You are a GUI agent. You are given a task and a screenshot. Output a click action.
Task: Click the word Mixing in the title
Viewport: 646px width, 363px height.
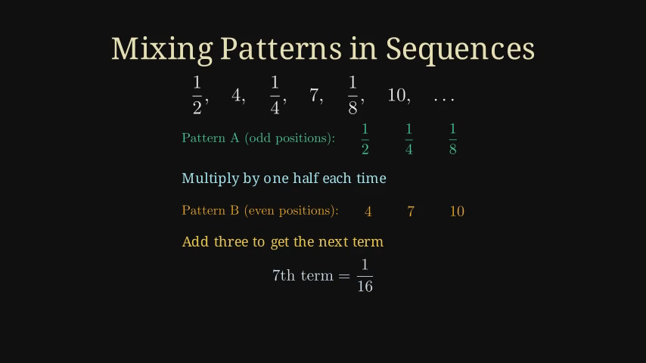pyautogui.click(x=163, y=49)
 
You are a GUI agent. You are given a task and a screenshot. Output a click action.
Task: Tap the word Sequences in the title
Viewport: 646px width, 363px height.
pyautogui.click(x=460, y=49)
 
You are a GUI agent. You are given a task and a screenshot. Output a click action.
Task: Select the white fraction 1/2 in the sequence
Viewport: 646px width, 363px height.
pyautogui.click(x=197, y=95)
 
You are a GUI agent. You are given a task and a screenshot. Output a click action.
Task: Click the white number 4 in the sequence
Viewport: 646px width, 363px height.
pyautogui.click(x=237, y=95)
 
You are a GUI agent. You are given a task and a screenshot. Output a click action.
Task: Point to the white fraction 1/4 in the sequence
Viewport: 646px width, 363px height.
pyautogui.click(x=275, y=95)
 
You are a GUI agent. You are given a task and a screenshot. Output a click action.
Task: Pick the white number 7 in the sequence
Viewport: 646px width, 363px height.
pyautogui.click(x=315, y=95)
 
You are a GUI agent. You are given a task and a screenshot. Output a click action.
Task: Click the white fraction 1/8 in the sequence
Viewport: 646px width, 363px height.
pyautogui.click(x=353, y=95)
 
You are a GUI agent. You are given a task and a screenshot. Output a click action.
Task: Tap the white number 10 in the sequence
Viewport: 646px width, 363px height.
pyautogui.click(x=396, y=95)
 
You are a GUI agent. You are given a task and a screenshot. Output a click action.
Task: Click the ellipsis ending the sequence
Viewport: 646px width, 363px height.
pyautogui.click(x=444, y=99)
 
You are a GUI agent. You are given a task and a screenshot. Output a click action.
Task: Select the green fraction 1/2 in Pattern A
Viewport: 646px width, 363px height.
pyautogui.click(x=365, y=139)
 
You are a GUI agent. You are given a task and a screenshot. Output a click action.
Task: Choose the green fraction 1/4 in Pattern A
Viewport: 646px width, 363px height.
pyautogui.click(x=408, y=139)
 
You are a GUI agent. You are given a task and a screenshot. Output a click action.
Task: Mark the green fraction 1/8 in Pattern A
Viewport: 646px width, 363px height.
pyautogui.click(x=453, y=139)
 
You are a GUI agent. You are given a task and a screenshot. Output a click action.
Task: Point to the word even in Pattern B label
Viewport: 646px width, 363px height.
pyautogui.click(x=261, y=211)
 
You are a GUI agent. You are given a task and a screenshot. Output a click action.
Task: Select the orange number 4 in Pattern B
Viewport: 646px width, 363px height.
pyautogui.click(x=368, y=212)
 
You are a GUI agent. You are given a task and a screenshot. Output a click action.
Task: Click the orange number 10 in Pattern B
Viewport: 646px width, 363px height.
pyautogui.click(x=457, y=212)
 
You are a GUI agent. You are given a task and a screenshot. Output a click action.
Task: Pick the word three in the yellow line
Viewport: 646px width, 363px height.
pyautogui.click(x=231, y=242)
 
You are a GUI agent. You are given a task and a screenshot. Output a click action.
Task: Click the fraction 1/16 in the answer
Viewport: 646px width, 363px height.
pyautogui.click(x=365, y=275)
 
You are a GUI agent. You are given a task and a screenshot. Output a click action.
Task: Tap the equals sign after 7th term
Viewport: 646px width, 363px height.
pyautogui.click(x=344, y=276)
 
